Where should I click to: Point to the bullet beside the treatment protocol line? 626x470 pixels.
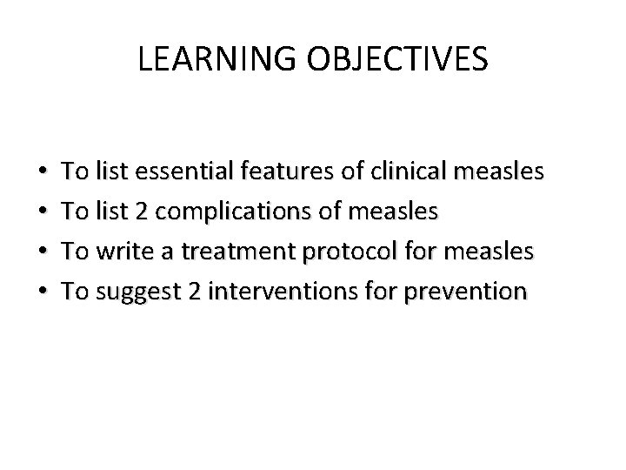tap(44, 252)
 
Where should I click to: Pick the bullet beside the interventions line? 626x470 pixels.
tap(44, 292)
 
